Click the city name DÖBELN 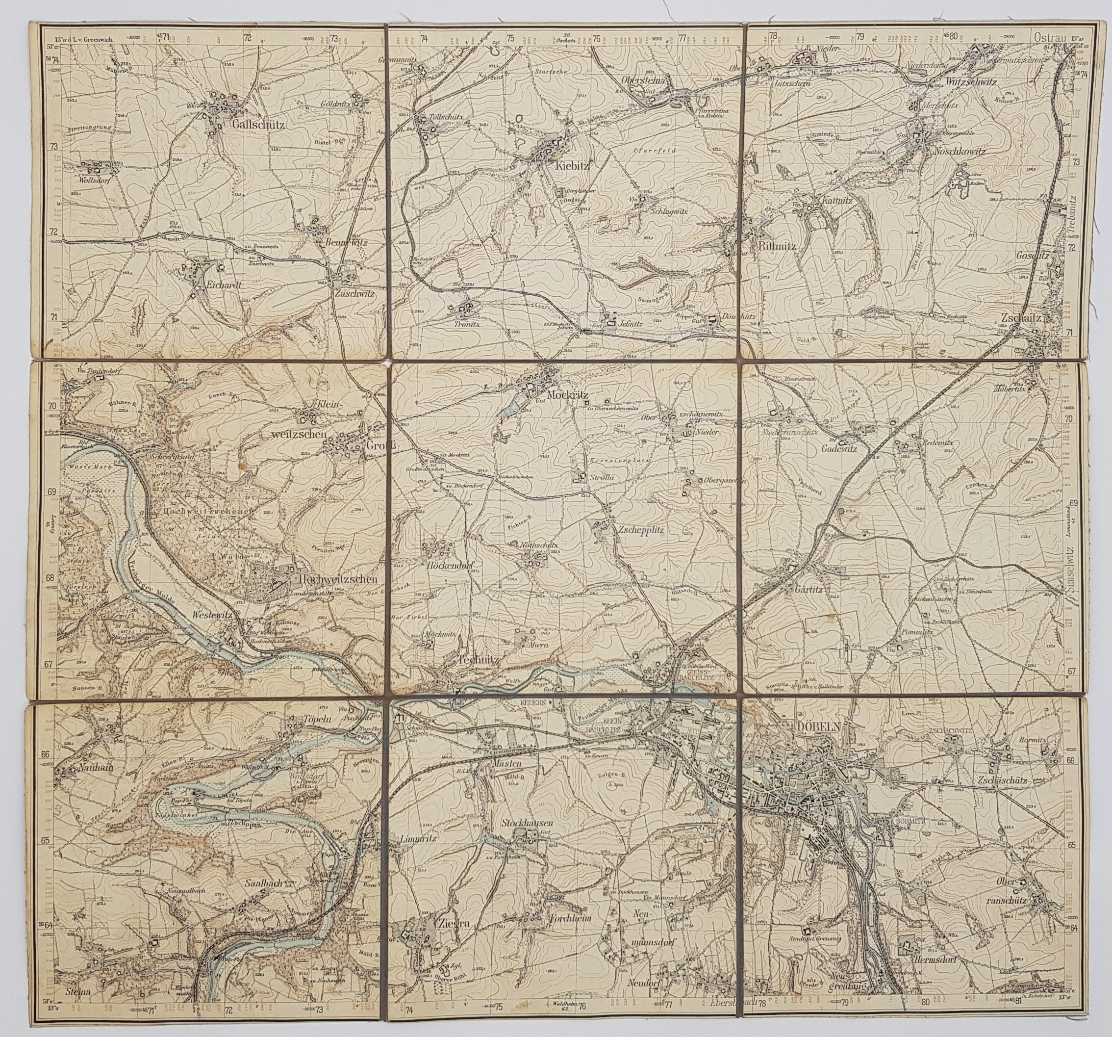click(817, 726)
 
